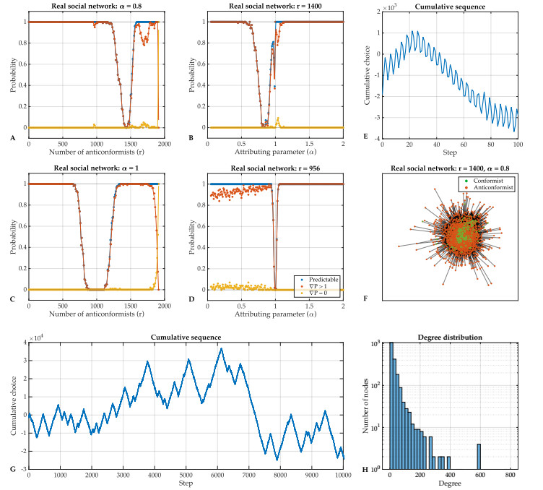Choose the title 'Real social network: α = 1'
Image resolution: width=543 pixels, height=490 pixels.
click(96, 168)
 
